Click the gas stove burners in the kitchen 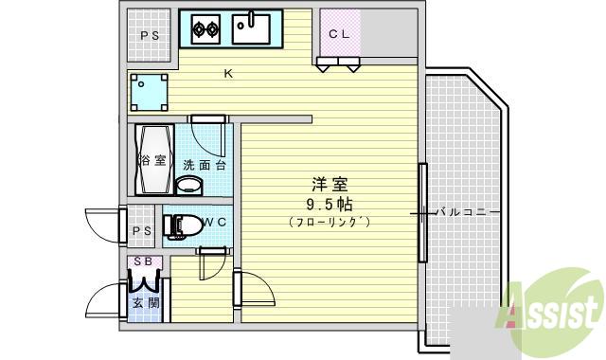point(206,30)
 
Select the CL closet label point(339,35)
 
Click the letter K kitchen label point(228,73)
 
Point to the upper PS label point(150,36)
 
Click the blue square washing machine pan point(150,92)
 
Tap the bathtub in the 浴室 point(151,160)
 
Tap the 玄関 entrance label point(145,303)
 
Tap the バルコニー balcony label point(465,212)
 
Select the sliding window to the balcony point(421,212)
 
